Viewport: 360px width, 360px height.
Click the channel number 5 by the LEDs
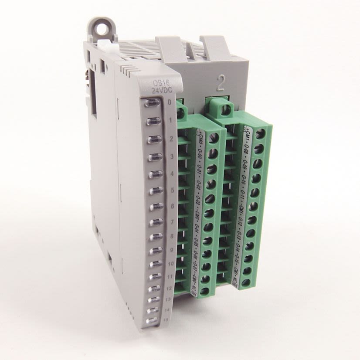tap(171, 190)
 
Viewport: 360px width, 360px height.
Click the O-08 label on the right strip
tap(246, 149)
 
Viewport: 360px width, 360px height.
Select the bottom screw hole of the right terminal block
tap(246, 282)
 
